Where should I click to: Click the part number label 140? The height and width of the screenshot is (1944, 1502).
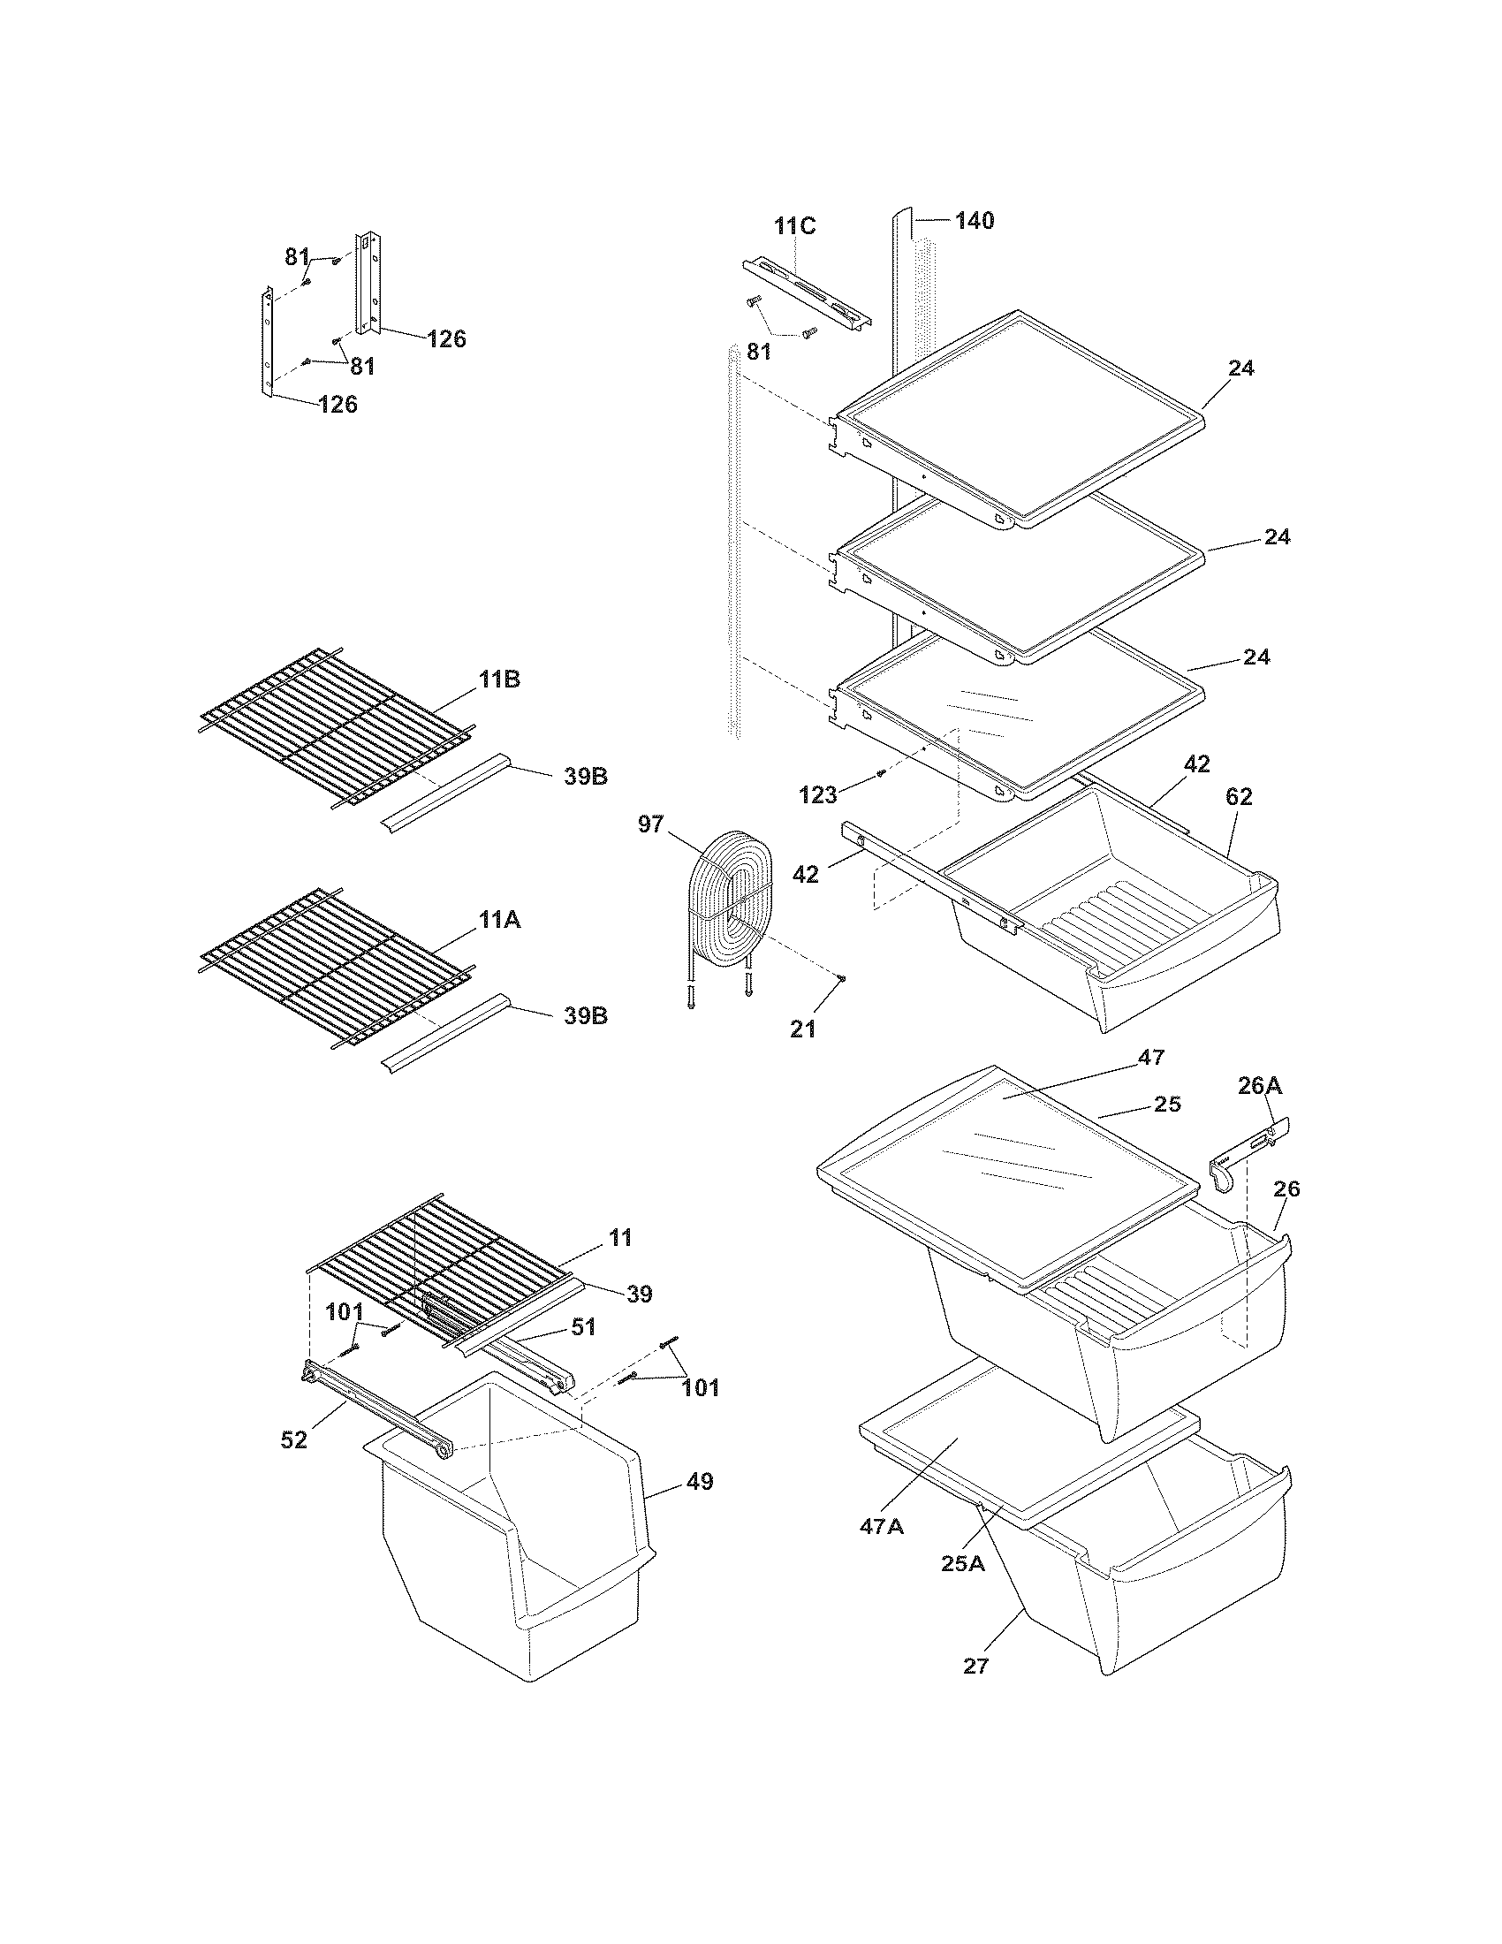[x=975, y=221]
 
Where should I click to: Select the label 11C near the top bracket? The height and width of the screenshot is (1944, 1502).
[x=793, y=226]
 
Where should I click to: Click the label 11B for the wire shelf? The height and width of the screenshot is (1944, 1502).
[x=499, y=680]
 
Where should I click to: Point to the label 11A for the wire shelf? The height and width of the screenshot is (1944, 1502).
[x=499, y=921]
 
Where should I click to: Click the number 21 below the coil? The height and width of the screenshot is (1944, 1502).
[x=802, y=1029]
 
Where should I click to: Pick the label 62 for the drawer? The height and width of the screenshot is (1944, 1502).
[x=1239, y=797]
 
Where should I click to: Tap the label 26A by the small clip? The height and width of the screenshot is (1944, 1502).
[x=1260, y=1085]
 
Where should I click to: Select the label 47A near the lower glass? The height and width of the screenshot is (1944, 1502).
[x=882, y=1527]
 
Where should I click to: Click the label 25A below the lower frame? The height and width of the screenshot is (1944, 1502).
[x=963, y=1563]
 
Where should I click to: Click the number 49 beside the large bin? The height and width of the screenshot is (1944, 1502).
[x=701, y=1482]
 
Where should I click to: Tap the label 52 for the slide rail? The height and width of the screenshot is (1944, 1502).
[x=293, y=1439]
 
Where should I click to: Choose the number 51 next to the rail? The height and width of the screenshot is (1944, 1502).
[x=583, y=1327]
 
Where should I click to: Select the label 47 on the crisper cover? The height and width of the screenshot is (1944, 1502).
[x=1151, y=1058]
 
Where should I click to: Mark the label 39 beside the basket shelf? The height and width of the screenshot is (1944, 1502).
[x=640, y=1295]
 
